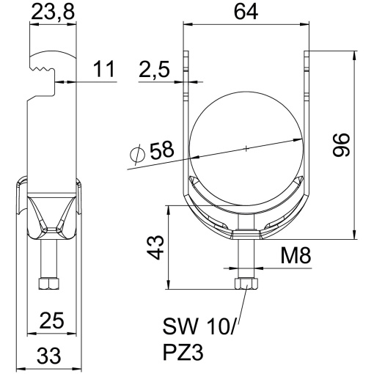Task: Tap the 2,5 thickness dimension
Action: (156, 71)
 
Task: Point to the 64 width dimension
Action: (244, 12)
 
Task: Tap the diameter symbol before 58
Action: (137, 153)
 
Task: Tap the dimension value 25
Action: (50, 322)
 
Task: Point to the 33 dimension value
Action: (49, 356)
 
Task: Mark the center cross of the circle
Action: (246, 149)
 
